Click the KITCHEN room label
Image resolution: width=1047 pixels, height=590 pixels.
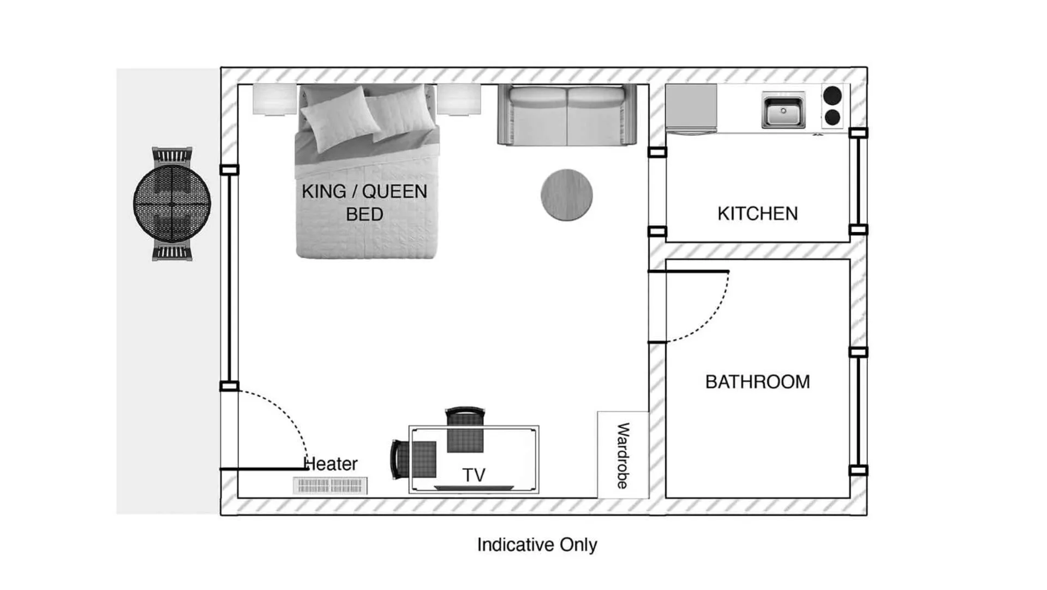757,214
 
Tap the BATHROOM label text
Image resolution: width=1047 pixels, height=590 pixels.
757,382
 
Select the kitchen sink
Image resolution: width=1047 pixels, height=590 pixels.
783,111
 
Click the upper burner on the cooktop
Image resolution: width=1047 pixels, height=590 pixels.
832,96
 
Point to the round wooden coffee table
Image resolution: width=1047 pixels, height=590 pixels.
566,195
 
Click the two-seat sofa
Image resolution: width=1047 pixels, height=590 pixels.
567,116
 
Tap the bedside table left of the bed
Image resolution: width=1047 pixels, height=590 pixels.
274,99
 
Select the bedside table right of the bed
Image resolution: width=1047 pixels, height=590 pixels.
459,99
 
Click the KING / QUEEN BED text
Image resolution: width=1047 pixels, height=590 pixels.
364,203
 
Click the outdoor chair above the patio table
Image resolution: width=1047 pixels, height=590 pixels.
172,156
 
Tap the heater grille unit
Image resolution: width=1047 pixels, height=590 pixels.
330,485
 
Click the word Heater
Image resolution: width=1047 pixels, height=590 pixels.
331,464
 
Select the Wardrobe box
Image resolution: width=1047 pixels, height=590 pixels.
623,455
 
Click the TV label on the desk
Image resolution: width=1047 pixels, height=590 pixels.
474,475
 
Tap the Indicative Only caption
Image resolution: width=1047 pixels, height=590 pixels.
537,545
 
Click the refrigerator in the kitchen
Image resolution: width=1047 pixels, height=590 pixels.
691,108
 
